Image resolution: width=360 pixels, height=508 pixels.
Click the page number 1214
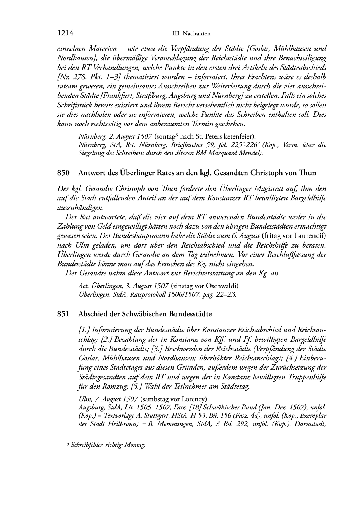[65, 33]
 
